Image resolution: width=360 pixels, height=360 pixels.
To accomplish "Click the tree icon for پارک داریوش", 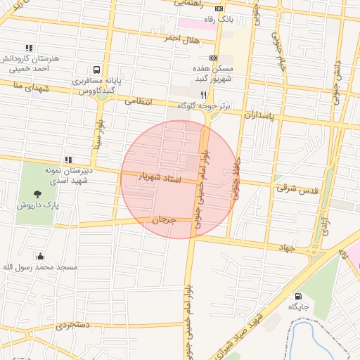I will pos(37,193).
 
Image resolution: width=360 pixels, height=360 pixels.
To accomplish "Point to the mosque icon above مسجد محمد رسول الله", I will pos(40,255).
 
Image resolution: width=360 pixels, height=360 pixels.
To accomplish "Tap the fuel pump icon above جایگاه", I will pos(298,296).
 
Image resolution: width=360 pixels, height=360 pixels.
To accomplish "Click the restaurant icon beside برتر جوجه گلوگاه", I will pos(203,94).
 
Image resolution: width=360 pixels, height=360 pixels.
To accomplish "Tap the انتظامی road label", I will pos(139,101).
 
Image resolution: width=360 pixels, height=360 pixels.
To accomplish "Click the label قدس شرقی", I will pos(297,188).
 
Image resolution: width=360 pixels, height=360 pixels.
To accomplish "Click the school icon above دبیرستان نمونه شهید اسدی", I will pos(68,160).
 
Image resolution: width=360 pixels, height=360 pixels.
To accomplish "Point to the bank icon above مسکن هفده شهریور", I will pos(214,58).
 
